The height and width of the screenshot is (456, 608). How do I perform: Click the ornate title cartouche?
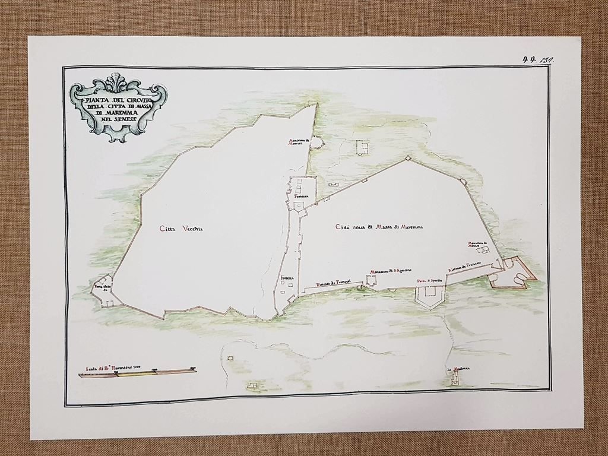coord(118,108)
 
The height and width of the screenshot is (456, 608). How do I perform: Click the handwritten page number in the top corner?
coord(537,59)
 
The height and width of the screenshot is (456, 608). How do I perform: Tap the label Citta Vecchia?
coord(181,228)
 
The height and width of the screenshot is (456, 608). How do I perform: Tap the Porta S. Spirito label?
coord(430,281)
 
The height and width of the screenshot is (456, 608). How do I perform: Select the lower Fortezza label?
coord(287,278)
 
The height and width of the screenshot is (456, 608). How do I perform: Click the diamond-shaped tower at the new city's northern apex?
coord(408,159)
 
